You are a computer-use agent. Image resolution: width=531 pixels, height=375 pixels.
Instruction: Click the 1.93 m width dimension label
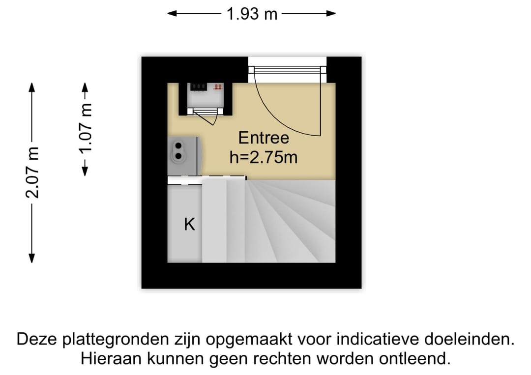(252, 14)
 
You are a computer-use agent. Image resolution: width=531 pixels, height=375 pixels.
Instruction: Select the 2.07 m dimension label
(33, 173)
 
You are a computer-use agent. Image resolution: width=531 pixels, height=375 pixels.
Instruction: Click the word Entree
(264, 138)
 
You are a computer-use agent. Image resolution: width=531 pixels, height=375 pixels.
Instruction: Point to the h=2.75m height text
(264, 157)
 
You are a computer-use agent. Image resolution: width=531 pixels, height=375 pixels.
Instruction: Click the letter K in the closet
(189, 224)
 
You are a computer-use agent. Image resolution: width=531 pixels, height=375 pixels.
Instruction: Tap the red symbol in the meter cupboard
(218, 87)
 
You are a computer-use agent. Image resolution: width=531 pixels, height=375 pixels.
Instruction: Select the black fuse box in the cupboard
(198, 87)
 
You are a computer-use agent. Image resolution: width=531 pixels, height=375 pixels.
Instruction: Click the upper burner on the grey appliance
(178, 146)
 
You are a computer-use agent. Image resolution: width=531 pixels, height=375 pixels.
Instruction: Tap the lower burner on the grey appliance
(178, 156)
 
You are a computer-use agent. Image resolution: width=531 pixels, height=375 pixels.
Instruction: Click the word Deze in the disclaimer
(37, 339)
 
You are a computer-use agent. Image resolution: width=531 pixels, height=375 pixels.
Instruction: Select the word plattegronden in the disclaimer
(116, 340)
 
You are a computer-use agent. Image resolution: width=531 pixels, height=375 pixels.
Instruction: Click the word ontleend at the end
(415, 358)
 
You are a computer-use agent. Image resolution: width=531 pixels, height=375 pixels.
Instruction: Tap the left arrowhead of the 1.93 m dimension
(172, 14)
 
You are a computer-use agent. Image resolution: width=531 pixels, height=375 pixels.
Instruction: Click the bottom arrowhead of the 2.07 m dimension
(32, 258)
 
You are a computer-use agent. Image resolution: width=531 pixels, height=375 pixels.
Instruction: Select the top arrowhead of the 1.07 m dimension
(86, 87)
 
